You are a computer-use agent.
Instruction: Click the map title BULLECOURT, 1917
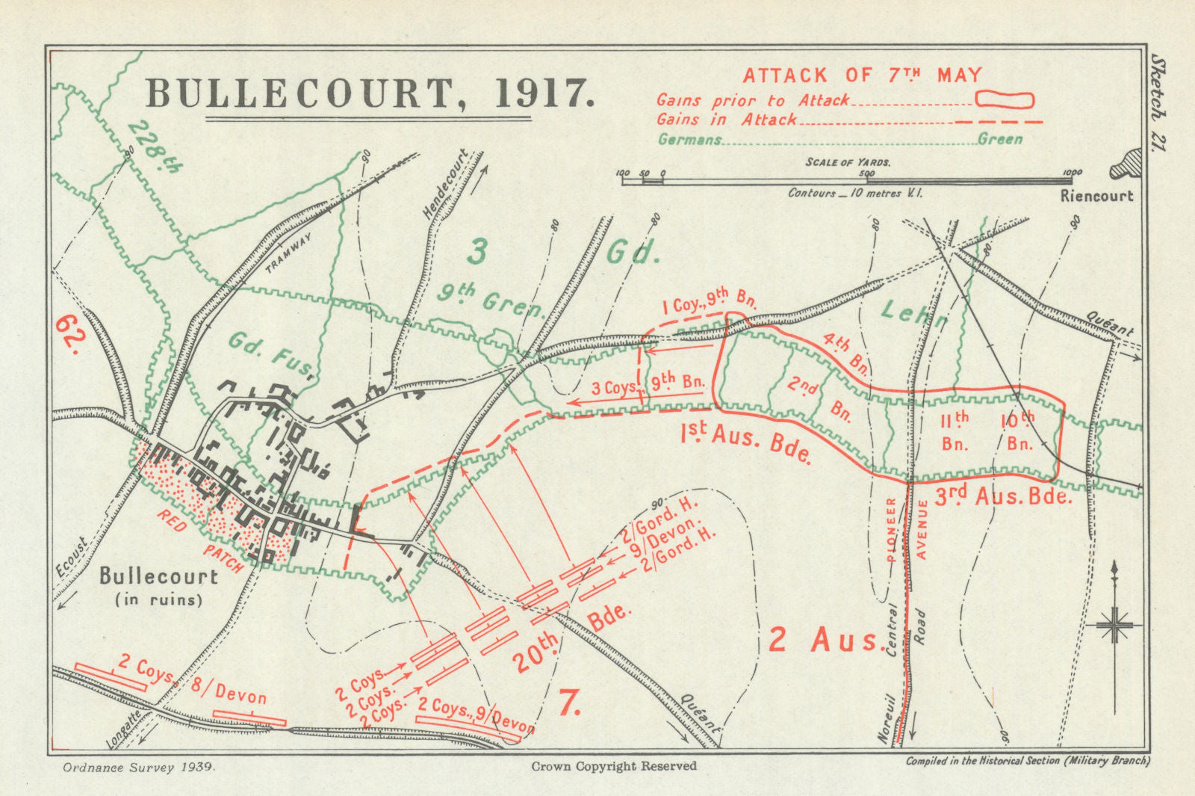(370, 93)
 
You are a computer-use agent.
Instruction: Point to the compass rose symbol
(1114, 624)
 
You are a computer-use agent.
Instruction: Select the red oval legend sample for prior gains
(1005, 99)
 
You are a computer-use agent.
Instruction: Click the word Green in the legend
(1000, 139)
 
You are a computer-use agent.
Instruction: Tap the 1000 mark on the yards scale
(1072, 173)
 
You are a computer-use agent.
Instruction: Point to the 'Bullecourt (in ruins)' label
(158, 586)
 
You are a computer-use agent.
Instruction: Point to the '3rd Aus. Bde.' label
(1003, 496)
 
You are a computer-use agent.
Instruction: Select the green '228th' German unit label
(155, 147)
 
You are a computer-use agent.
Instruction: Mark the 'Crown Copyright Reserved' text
(613, 766)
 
